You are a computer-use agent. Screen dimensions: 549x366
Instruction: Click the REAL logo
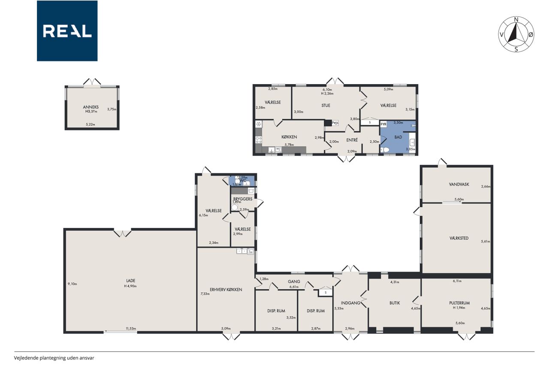67,31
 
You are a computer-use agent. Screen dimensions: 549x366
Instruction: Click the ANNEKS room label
90,107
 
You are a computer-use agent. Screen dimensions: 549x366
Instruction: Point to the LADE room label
131,281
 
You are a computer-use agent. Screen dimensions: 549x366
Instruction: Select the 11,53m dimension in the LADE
131,329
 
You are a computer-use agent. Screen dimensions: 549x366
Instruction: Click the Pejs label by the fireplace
335,123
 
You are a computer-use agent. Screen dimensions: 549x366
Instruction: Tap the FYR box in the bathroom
383,124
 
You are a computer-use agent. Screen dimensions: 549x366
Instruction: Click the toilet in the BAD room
385,149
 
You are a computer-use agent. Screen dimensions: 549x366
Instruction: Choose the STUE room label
326,106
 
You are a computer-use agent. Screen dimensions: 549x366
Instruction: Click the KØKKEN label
289,137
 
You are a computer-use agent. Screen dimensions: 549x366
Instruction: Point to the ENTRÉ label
352,140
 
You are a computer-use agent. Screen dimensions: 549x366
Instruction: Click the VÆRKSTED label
459,238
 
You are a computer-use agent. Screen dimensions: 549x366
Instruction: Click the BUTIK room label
395,303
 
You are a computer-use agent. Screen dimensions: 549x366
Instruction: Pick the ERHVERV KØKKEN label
226,290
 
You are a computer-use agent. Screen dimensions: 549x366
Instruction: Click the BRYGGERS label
243,199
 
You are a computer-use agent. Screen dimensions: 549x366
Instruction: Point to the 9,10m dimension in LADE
72,284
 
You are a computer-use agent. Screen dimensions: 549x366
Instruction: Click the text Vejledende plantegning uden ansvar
54,358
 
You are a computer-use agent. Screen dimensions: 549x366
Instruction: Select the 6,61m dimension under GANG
294,287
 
